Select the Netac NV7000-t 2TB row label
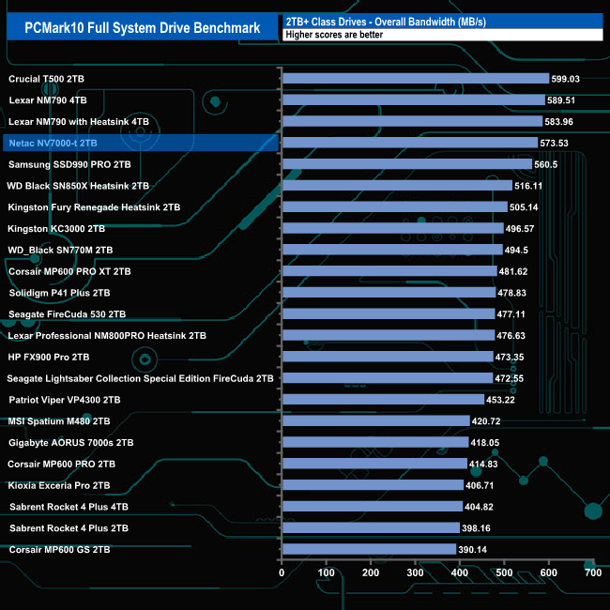(x=52, y=143)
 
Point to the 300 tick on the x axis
(x=415, y=572)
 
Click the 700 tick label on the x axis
(x=591, y=572)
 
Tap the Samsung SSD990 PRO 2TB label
(x=69, y=164)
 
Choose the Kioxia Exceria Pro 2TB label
(x=59, y=485)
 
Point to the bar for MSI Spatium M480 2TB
(x=374, y=421)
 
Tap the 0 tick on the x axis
(x=282, y=572)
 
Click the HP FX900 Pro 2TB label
(x=49, y=357)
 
